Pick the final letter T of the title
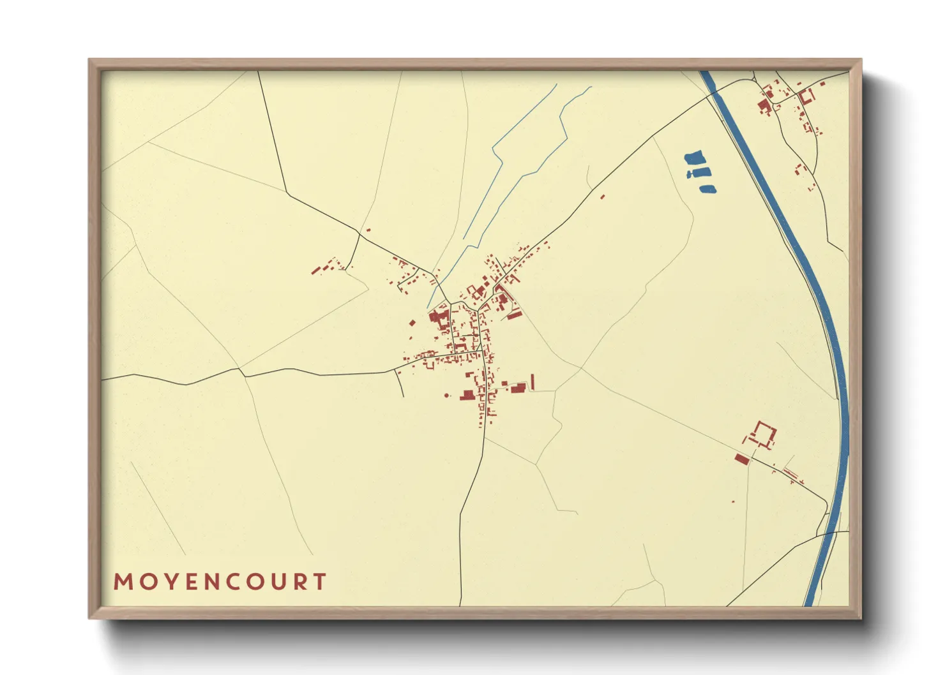click(x=320, y=582)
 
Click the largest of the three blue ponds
click(x=694, y=157)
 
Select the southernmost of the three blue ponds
click(x=707, y=189)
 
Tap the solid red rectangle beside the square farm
click(x=741, y=459)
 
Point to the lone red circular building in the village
click(x=446, y=396)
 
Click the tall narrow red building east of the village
click(x=533, y=382)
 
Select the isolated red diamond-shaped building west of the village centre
click(x=412, y=322)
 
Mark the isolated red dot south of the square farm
click(x=733, y=501)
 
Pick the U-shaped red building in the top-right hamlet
click(x=806, y=97)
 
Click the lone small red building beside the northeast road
click(x=602, y=197)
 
